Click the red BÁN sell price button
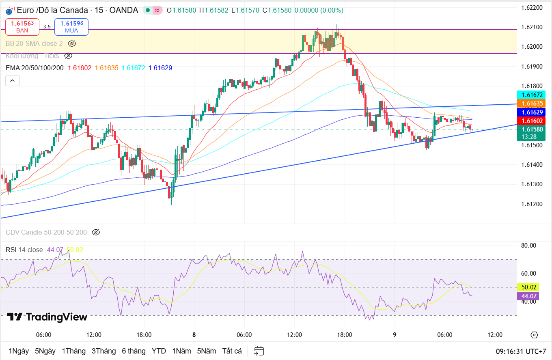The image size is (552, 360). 22,27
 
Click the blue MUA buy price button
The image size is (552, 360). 71,27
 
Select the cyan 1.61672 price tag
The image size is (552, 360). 531,95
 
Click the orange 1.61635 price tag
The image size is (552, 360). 531,103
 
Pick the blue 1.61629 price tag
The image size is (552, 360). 531,112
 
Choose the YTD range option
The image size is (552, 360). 159,351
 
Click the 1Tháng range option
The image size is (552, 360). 73,351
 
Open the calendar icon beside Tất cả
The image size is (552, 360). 259,351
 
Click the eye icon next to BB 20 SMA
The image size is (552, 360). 72,43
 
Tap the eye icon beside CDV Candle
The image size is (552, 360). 96,233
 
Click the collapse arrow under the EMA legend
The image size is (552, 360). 12,81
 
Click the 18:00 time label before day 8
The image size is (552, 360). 144,335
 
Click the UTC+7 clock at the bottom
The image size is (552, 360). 521,351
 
